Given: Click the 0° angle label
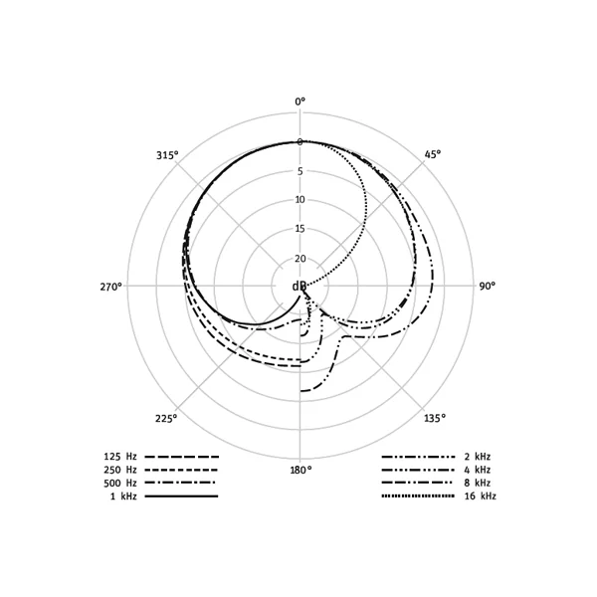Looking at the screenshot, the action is pyautogui.click(x=300, y=101).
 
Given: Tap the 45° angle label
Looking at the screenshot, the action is pyautogui.click(x=433, y=154).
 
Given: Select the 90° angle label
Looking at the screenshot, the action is pyautogui.click(x=487, y=286).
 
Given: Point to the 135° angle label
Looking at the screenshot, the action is pyautogui.click(x=435, y=418).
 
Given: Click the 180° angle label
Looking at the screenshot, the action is pyautogui.click(x=300, y=470).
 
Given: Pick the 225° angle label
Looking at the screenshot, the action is pyautogui.click(x=166, y=419).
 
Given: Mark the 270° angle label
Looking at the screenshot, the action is pyautogui.click(x=111, y=287).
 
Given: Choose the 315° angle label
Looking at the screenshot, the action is pyautogui.click(x=167, y=155).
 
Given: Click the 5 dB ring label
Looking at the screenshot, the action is pyautogui.click(x=300, y=171).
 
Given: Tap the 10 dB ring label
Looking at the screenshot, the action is pyautogui.click(x=300, y=200).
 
